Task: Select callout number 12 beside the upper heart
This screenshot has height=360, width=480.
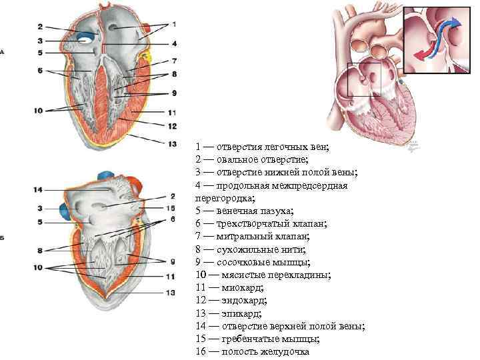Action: pos(173,125)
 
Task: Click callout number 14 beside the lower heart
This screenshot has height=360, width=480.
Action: pos(39,190)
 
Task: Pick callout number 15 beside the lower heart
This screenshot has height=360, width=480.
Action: pos(173,208)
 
